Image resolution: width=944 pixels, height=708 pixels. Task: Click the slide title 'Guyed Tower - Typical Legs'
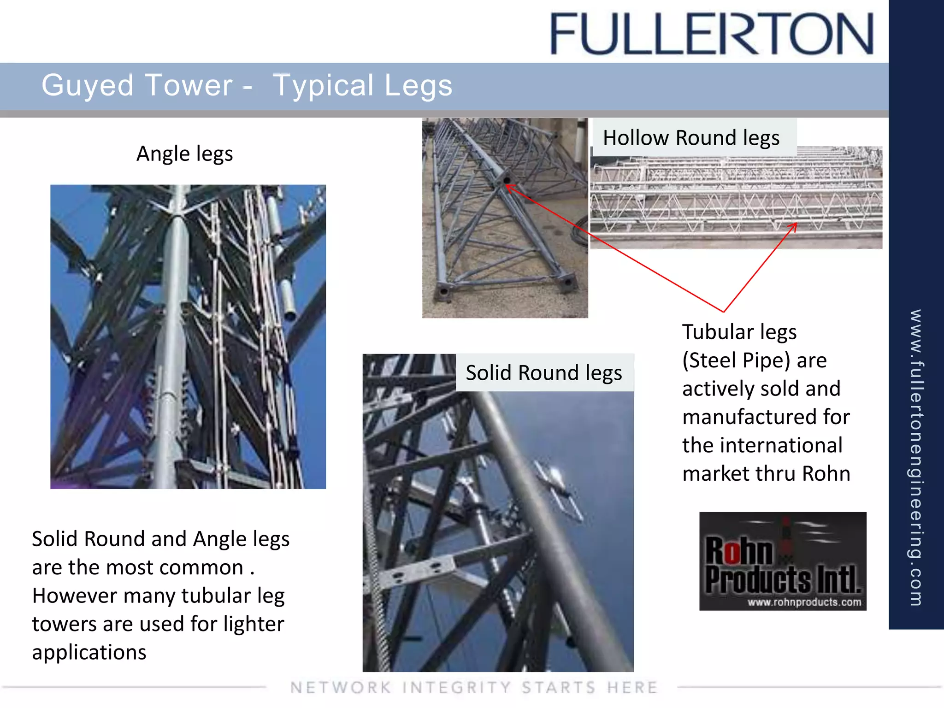(247, 85)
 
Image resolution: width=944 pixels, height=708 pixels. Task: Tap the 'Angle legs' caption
(184, 154)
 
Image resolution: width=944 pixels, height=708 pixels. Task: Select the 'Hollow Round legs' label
(691, 138)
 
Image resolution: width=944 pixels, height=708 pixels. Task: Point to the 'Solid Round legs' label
(543, 373)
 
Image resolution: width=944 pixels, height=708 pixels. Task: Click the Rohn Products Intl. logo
(782, 560)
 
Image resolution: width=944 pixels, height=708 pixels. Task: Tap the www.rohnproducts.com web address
(804, 602)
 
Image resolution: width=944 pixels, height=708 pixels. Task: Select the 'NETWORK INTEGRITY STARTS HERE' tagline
(474, 687)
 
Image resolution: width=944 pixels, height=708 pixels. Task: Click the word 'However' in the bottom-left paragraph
(74, 596)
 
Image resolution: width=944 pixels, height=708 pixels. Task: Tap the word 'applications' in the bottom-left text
(89, 653)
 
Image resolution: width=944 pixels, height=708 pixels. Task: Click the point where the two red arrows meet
(724, 312)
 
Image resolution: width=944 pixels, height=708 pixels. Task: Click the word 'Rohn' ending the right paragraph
(826, 474)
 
